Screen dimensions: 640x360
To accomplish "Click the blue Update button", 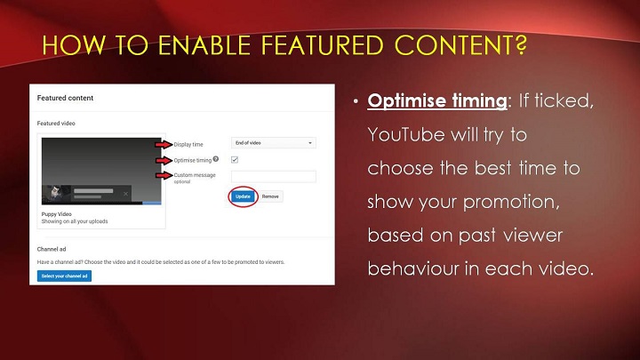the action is click(243, 196).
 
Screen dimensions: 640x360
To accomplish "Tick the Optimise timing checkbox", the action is click(235, 160).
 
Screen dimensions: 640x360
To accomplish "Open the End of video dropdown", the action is click(274, 143).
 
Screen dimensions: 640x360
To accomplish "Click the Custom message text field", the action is click(274, 176).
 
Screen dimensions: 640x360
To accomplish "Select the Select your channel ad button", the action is click(64, 276).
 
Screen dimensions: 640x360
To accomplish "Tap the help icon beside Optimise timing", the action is click(215, 159).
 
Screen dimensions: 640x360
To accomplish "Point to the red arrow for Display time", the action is click(164, 144).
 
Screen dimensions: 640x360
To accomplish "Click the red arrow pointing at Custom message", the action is click(164, 175).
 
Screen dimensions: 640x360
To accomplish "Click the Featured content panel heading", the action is click(65, 98).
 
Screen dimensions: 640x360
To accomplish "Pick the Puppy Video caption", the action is click(56, 214).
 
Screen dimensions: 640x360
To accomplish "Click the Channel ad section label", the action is click(52, 249).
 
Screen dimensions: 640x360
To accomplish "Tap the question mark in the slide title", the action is click(520, 45).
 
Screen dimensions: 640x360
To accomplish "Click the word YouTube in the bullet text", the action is click(406, 135).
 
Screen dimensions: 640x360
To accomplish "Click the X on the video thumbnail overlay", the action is click(125, 194).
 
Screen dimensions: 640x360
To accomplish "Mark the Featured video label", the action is click(56, 124).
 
